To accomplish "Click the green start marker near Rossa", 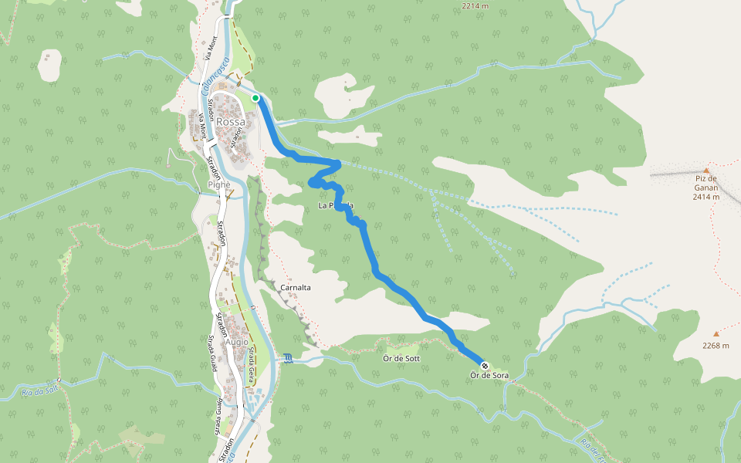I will click(x=255, y=98).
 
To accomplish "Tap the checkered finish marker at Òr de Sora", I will click(x=485, y=366).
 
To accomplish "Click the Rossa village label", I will click(x=231, y=122).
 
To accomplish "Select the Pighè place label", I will click(x=218, y=186).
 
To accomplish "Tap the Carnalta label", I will click(x=296, y=287).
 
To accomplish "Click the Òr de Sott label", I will click(x=401, y=359).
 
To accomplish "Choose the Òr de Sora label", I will click(x=489, y=376).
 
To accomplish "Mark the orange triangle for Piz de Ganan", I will click(x=705, y=171).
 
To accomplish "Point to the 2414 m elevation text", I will click(x=705, y=197).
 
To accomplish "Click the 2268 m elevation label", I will click(x=716, y=346).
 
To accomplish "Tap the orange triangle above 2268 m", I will click(x=716, y=334).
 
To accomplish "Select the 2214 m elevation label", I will click(x=476, y=6).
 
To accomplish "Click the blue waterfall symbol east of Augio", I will click(x=288, y=358).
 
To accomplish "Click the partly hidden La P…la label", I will click(x=336, y=206).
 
